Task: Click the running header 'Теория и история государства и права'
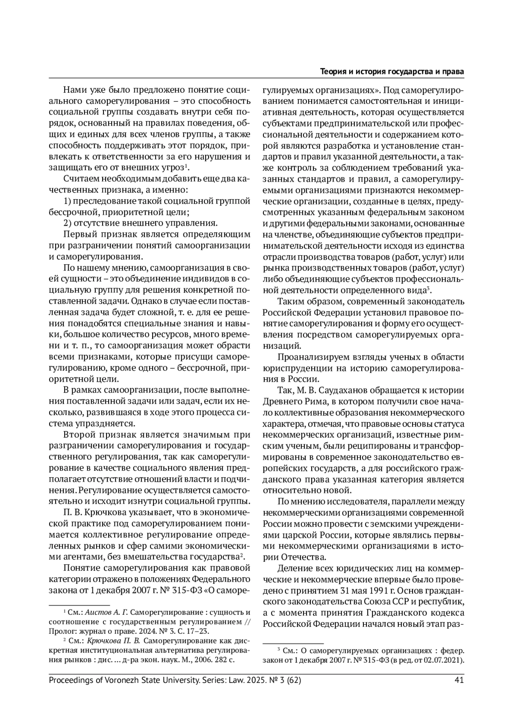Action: pos(392,71)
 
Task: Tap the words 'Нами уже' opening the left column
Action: pos(79,90)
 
